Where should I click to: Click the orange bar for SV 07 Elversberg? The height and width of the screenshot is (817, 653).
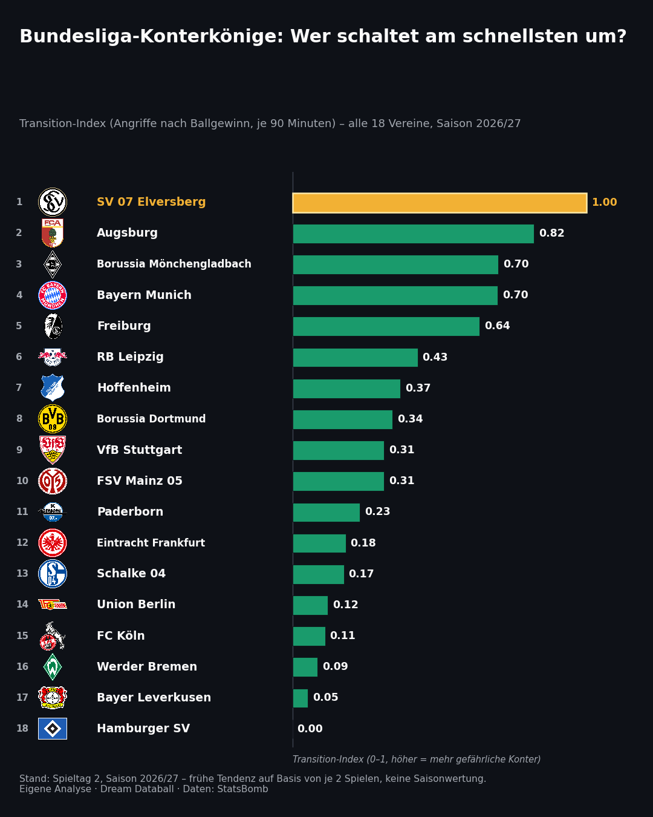[x=440, y=203]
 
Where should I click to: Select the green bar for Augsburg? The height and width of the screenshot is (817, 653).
[x=413, y=234]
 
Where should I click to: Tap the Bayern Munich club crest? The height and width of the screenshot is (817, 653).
[x=53, y=295]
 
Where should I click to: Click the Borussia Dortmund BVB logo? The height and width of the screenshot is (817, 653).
[x=53, y=419]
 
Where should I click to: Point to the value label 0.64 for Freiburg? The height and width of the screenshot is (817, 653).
[x=497, y=326]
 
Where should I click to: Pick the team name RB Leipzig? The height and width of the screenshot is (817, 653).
[x=130, y=356]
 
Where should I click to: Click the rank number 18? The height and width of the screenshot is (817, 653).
[x=22, y=728]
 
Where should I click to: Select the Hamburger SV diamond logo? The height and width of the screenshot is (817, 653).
[x=53, y=729]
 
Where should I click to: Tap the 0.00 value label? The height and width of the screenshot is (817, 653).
[x=310, y=729]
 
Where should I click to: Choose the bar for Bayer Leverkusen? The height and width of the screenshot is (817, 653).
[x=300, y=698]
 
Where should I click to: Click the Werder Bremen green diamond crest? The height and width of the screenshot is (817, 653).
[x=53, y=667]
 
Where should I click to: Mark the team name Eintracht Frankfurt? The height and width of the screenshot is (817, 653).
[x=151, y=542]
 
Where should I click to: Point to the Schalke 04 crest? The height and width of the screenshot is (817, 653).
[x=53, y=573]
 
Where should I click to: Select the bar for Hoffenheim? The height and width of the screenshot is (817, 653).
[x=346, y=389]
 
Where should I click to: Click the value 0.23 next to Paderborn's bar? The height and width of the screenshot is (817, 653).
[x=377, y=511]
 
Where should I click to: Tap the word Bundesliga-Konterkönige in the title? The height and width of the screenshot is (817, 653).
[x=151, y=36]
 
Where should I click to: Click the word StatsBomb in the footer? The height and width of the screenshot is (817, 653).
[x=242, y=789]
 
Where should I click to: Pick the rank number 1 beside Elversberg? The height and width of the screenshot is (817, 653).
[x=19, y=202]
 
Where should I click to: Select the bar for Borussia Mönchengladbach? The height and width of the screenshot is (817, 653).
[x=395, y=264]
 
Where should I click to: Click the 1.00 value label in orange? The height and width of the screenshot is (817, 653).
[x=605, y=202]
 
